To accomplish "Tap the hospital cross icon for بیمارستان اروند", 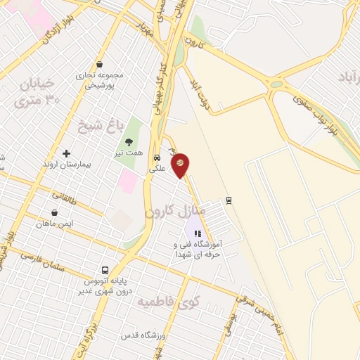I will tap(67, 153).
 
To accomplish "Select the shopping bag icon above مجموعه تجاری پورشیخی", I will tap(100, 64).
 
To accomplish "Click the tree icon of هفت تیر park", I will tap(129, 142).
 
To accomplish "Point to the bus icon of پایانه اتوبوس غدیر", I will tap(105, 270).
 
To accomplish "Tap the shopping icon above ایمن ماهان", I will tap(54, 212).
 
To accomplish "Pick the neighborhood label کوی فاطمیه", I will tap(167, 303).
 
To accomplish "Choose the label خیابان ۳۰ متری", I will tap(35, 92).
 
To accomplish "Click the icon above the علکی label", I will tap(157, 157).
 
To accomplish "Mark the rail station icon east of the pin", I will tap(229, 200).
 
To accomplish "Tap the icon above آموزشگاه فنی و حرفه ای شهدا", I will tap(198, 234).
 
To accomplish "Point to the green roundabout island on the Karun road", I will tap(276, 84).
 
